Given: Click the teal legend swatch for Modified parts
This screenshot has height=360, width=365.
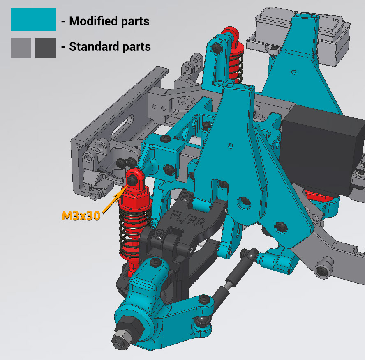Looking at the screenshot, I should (x=33, y=20).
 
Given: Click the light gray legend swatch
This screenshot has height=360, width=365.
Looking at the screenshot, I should (x=21, y=48).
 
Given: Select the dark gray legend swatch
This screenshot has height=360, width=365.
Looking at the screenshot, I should (x=45, y=48).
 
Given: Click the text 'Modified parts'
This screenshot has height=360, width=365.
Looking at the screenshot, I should (x=109, y=21).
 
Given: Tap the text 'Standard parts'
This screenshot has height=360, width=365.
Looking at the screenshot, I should (x=110, y=47).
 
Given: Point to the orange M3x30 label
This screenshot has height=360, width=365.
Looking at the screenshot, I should (x=81, y=216).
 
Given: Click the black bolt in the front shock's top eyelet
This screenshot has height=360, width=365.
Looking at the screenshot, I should (x=132, y=180).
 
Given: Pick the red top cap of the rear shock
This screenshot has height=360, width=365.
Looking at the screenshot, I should (x=230, y=33).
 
